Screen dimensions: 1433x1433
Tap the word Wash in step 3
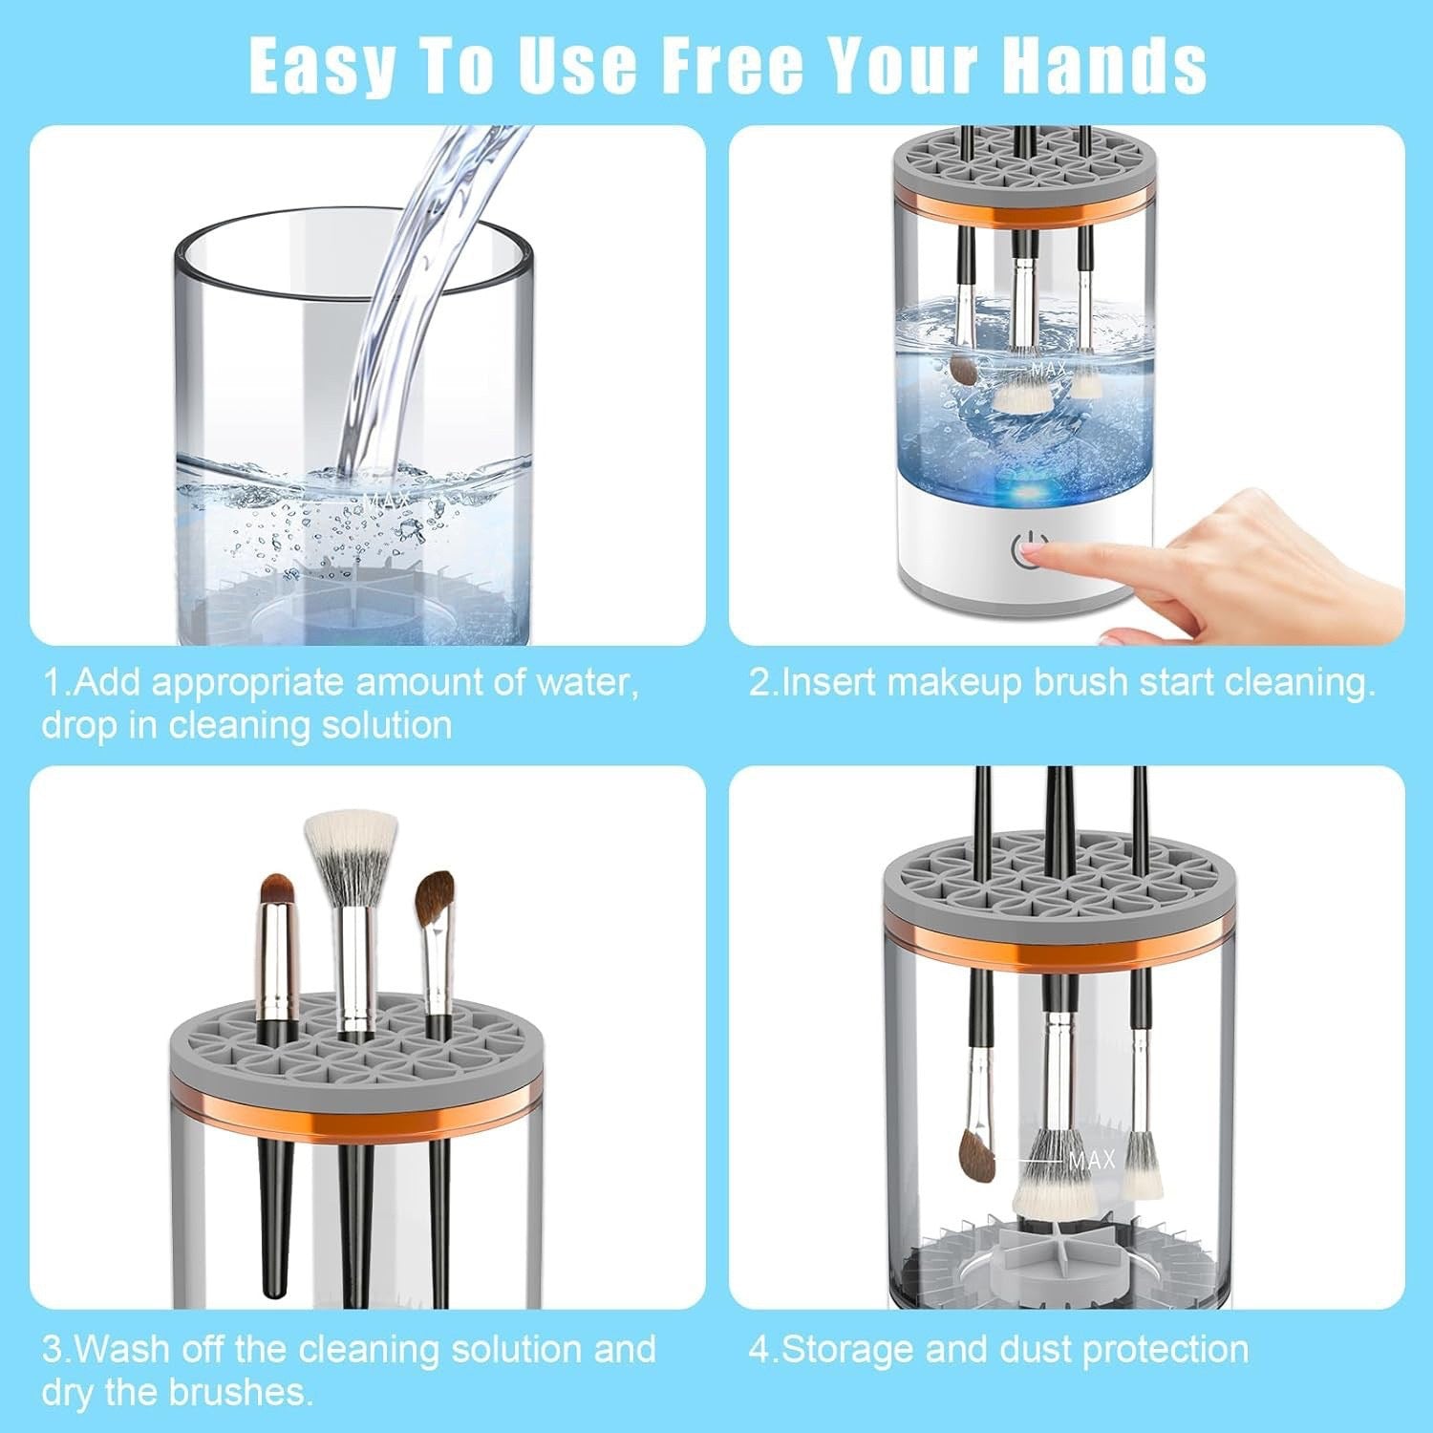tap(120, 1350)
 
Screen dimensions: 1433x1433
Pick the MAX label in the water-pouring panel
tap(387, 500)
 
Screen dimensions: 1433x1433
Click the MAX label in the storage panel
tap(1092, 1160)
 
